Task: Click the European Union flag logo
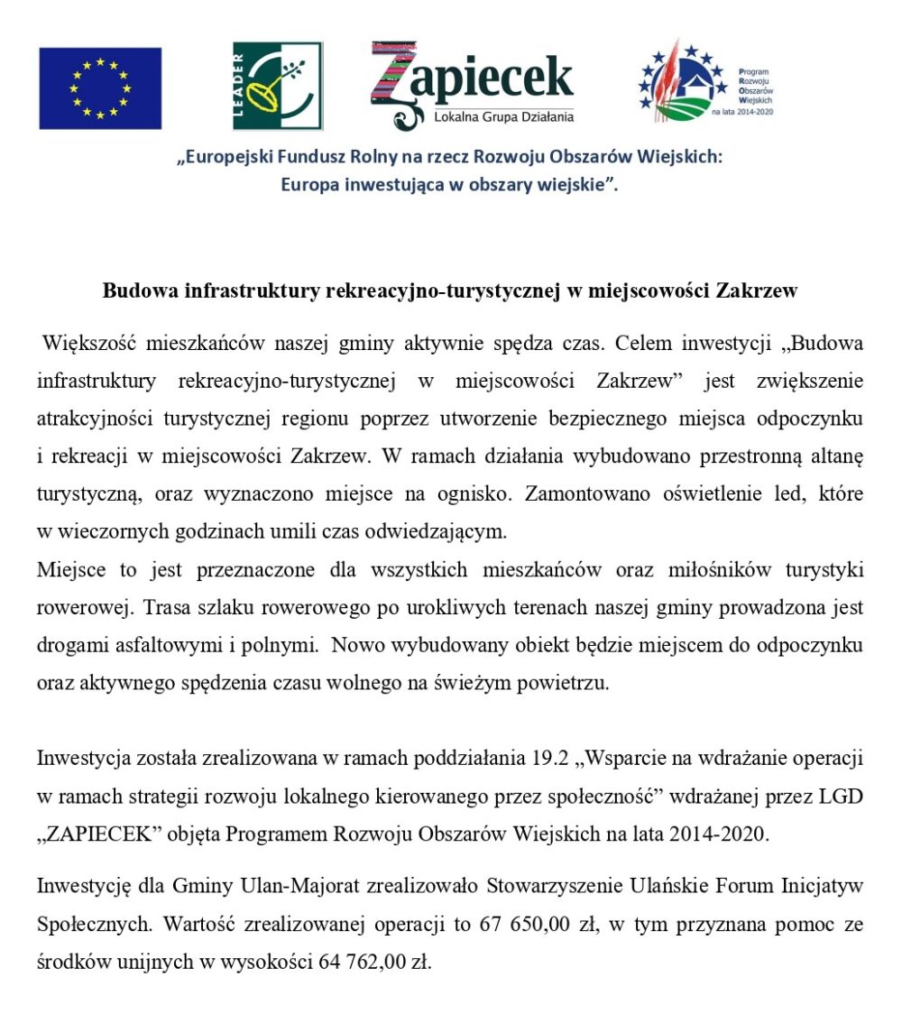[x=99, y=88]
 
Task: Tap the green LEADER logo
[x=277, y=86]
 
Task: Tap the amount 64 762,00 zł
[x=374, y=963]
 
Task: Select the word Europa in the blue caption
[x=309, y=185]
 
